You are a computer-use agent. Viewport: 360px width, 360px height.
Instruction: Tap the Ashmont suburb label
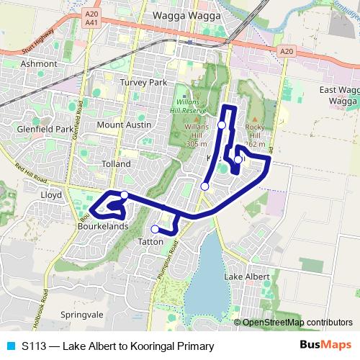[39, 63]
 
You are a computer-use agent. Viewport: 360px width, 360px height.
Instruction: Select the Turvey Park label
[144, 82]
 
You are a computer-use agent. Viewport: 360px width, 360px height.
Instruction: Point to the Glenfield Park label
[45, 130]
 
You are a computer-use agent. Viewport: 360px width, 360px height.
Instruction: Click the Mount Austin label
[124, 125]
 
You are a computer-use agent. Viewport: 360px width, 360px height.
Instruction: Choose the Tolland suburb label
[117, 164]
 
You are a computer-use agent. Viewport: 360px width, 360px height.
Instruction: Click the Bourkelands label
[102, 226]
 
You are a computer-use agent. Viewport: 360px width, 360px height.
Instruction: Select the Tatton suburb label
[150, 242]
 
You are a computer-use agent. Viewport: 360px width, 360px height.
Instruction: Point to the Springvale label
[82, 315]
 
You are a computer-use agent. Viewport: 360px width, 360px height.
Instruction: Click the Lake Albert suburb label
[246, 276]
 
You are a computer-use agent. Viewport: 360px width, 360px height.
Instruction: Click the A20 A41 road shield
[90, 18]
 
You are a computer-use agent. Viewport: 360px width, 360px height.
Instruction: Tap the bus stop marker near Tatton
[155, 230]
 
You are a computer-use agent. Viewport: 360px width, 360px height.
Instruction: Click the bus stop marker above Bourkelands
[125, 195]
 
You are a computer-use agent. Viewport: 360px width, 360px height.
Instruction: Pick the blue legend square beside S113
[10, 346]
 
